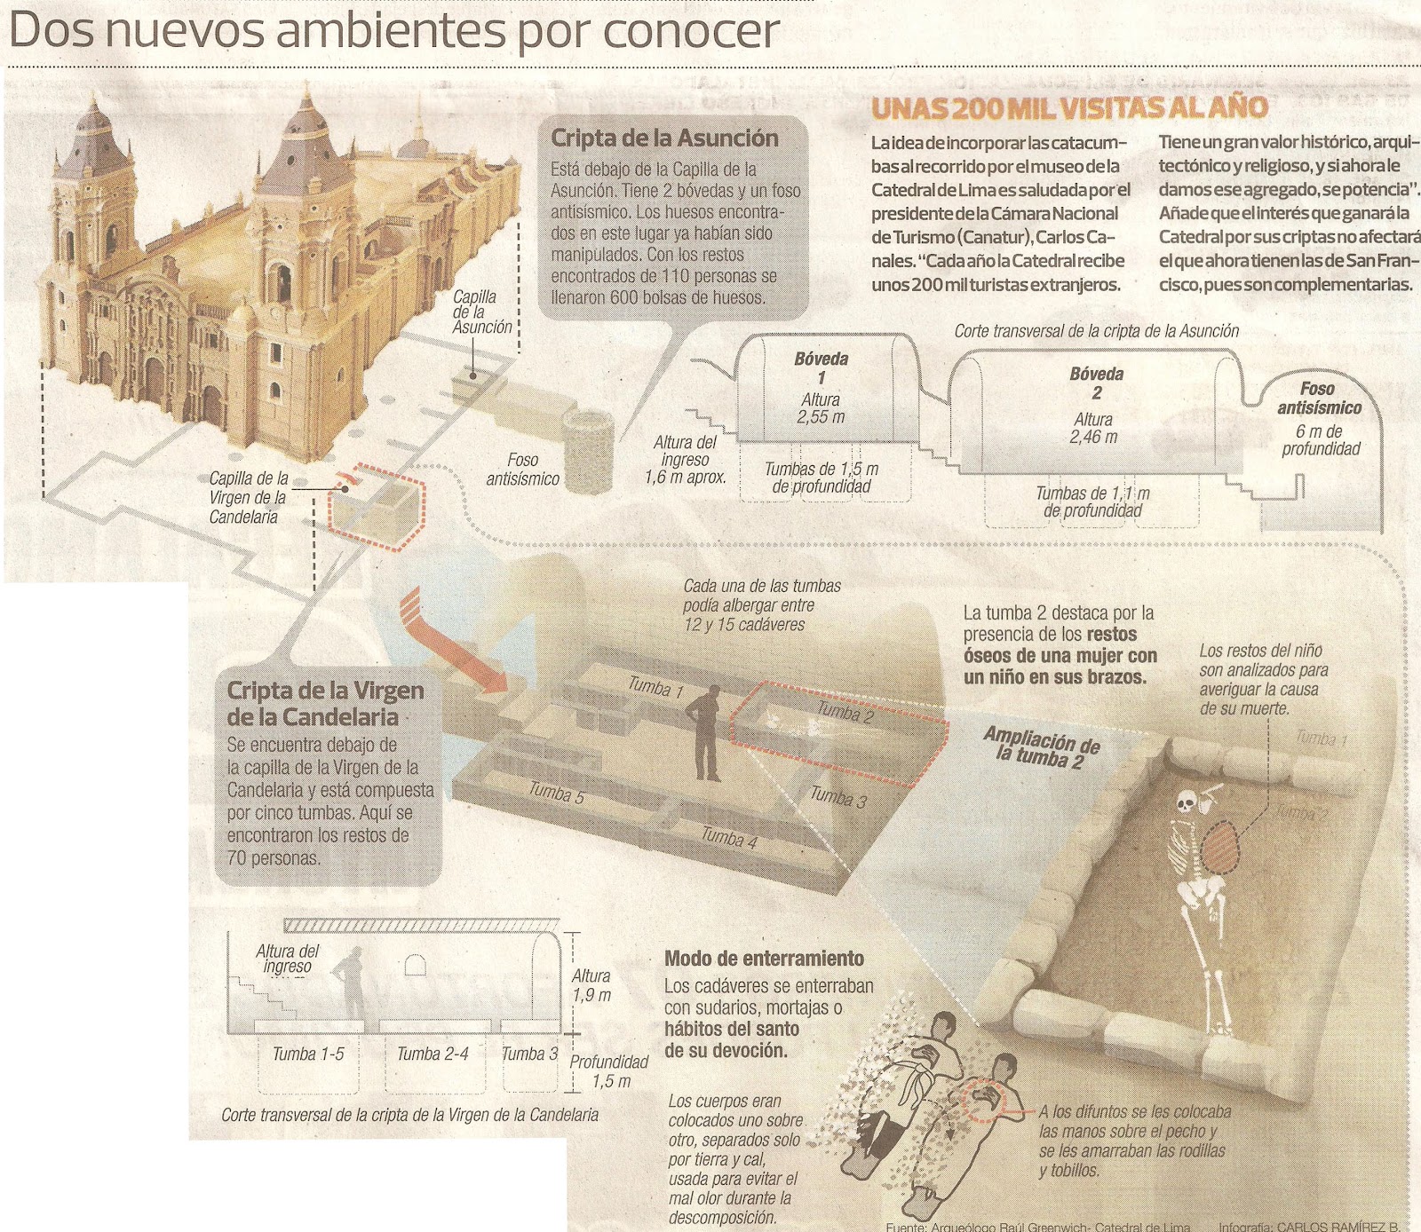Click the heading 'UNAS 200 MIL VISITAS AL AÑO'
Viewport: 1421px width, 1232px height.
coord(1068,108)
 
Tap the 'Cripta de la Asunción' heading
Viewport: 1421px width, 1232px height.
coord(664,138)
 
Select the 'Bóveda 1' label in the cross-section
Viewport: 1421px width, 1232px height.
coord(821,368)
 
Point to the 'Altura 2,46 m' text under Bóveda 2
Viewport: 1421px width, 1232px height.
coord(1093,428)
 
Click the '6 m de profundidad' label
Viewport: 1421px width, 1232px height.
coord(1320,440)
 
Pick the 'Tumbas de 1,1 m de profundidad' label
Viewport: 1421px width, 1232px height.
coord(1092,501)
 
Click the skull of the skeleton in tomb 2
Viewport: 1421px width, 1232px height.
coord(1185,803)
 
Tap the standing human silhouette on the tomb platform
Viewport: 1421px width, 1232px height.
coord(707,733)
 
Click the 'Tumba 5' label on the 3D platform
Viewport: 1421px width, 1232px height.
coord(557,792)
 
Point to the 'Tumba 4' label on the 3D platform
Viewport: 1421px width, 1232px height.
coord(729,837)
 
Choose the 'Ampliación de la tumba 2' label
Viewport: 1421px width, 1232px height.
coord(1041,748)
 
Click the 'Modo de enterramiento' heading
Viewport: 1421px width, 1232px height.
coord(764,959)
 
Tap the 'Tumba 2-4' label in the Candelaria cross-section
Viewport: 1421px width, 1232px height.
coord(433,1054)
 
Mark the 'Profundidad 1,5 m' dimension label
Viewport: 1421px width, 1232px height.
coord(609,1071)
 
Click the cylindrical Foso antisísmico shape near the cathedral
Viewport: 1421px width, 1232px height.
coord(589,452)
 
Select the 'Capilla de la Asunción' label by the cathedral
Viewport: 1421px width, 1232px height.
coord(481,312)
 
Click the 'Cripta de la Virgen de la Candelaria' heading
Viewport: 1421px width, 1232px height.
coord(325,703)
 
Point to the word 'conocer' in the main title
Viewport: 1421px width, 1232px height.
coord(691,32)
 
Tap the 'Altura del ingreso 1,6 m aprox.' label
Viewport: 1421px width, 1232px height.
coord(685,460)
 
